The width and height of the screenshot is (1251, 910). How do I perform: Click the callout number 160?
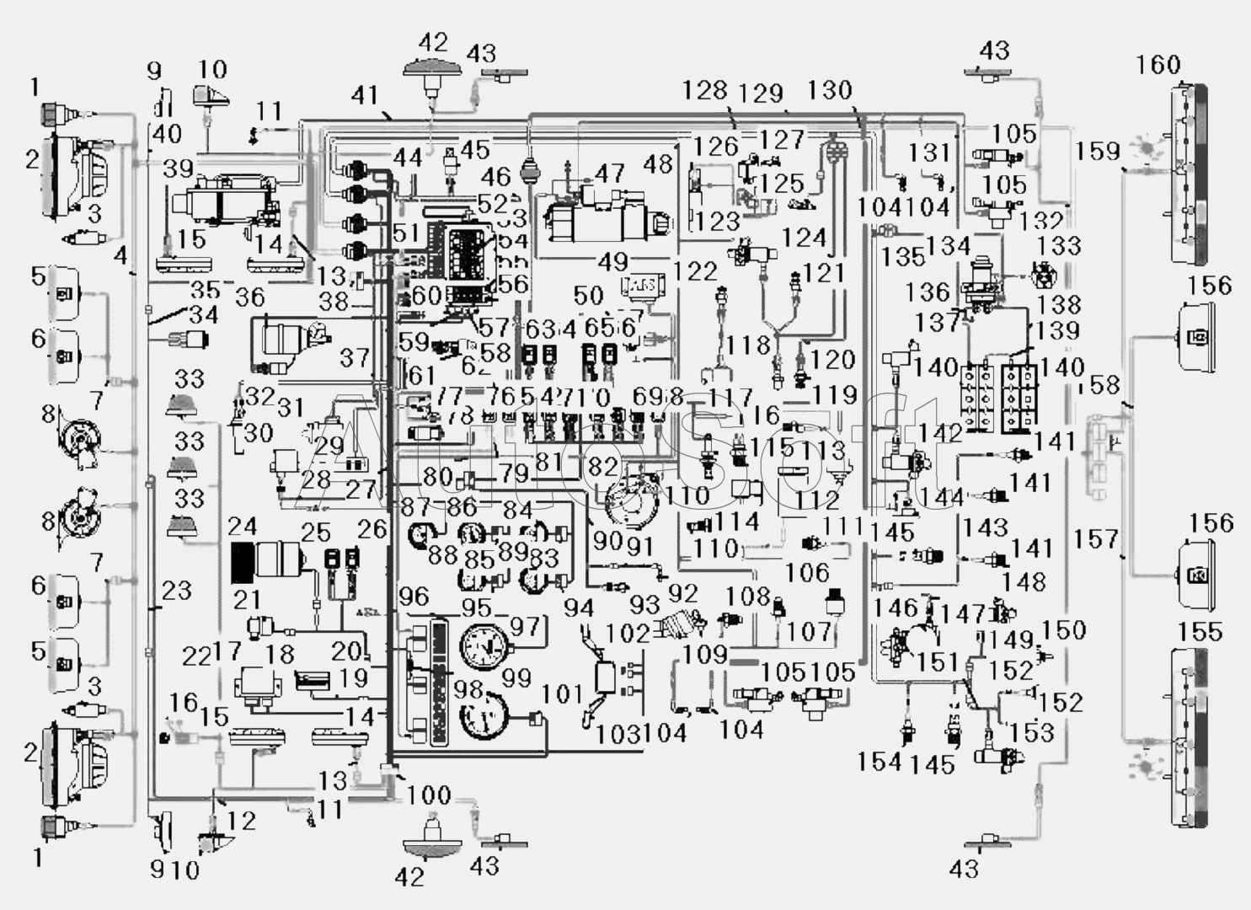(x=1158, y=64)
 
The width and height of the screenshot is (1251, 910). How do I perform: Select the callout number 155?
(x=1200, y=631)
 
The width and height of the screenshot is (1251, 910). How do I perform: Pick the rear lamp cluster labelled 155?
(x=1189, y=737)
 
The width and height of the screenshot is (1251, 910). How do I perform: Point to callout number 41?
(x=365, y=95)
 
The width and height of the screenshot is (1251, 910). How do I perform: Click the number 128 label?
(x=704, y=90)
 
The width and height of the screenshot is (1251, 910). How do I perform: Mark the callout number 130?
(x=830, y=90)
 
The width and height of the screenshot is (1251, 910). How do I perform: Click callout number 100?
(x=429, y=795)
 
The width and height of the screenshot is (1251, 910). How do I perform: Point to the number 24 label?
(x=243, y=527)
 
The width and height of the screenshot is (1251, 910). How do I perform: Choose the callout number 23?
(x=177, y=590)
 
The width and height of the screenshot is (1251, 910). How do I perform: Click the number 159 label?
(x=1098, y=151)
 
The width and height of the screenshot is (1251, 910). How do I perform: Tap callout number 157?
(x=1096, y=538)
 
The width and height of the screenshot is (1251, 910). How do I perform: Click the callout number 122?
(x=696, y=271)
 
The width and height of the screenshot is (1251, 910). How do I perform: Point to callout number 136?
(x=927, y=292)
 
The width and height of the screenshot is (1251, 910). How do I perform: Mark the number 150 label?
(x=1064, y=629)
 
